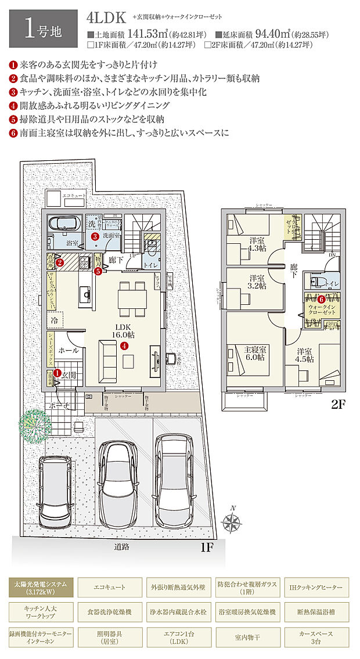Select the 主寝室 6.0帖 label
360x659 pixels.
coord(255,354)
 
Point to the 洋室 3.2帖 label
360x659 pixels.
coord(257,281)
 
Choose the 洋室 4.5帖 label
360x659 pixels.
coord(306,355)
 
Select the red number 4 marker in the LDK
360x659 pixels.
coord(124,345)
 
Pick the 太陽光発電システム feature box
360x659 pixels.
coord(41,588)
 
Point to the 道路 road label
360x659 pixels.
coord(122,546)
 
